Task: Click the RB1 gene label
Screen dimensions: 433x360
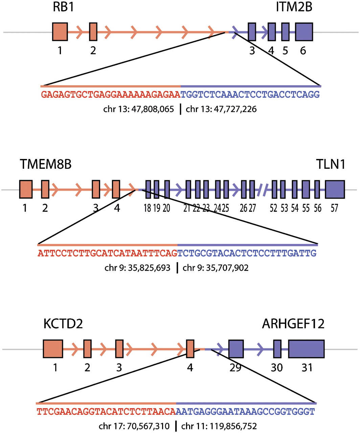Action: (63, 7)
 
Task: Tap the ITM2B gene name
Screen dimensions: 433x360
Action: (294, 7)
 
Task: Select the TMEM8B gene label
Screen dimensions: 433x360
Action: (46, 164)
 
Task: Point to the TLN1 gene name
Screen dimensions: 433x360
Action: (331, 164)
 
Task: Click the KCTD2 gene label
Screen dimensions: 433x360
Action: (63, 324)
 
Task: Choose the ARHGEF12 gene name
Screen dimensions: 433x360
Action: (293, 324)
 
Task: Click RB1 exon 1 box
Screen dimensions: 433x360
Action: (60, 32)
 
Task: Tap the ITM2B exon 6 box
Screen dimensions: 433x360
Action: (304, 32)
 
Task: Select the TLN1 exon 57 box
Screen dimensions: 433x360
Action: (335, 189)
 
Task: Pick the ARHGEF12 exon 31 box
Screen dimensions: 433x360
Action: (306, 349)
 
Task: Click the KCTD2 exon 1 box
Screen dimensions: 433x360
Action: (53, 349)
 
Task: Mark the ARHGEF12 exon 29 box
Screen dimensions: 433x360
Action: (236, 349)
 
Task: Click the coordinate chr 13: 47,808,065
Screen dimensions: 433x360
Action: (139, 109)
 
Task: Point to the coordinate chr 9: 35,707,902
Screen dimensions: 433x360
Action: (216, 268)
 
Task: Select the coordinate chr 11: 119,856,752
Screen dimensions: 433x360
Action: (219, 426)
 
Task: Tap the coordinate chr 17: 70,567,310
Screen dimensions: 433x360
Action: (134, 426)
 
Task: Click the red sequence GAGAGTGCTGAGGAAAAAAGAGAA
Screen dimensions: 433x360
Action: (111, 94)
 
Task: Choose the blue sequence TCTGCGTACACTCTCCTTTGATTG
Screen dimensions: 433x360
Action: (247, 253)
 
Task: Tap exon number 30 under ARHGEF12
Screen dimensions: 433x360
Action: (277, 367)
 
